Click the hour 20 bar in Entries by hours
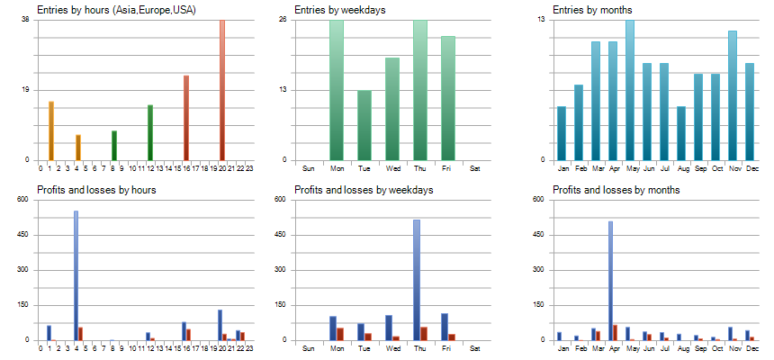tap(222, 90)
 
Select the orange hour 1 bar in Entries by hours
tap(51, 131)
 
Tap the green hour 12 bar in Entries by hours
tap(150, 133)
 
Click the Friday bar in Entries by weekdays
tap(448, 99)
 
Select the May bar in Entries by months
tap(630, 90)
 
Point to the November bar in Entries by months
tap(733, 95)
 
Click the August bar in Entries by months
tap(681, 133)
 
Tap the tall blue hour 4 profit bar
tap(76, 275)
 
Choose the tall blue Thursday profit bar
tap(417, 280)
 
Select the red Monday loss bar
tap(340, 334)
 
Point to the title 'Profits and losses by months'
tap(617, 190)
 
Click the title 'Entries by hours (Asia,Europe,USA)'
tap(117, 10)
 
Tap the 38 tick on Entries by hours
tap(25, 19)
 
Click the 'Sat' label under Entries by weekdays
tap(475, 168)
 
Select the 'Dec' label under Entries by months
tap(749, 168)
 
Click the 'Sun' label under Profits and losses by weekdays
tap(309, 348)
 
